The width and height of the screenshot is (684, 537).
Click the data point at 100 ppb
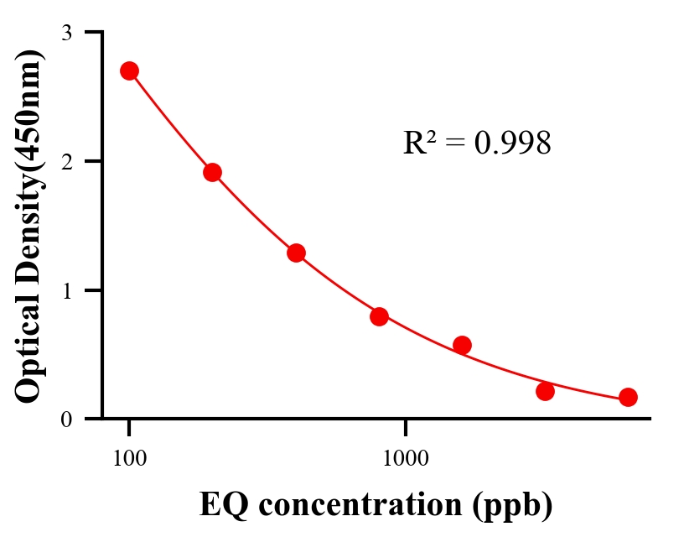129,70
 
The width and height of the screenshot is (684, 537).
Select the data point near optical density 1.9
212,172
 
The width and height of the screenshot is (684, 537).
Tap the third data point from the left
296,253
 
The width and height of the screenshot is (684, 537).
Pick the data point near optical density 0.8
379,316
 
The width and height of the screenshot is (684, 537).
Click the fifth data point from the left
462,345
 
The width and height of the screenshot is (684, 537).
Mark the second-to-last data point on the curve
545,391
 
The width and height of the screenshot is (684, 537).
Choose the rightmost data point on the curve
628,397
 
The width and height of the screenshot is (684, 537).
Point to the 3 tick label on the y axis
67,33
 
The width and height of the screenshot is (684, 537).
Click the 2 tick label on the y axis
67,161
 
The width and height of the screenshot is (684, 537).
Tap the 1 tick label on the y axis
67,290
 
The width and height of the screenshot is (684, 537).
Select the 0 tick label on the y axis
67,419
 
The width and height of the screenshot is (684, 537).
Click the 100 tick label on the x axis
129,458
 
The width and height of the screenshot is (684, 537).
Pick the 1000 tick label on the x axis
406,458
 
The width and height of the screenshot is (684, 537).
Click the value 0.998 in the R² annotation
512,143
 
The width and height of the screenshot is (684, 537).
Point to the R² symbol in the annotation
419,143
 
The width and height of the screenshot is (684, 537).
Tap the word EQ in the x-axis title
219,505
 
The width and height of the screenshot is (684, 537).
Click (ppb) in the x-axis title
512,507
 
